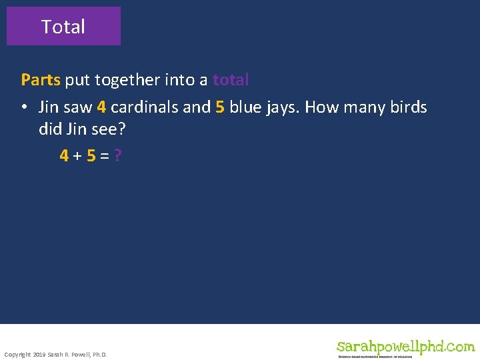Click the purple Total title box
coord(63,27)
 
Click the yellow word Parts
coord(41,80)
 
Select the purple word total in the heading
coord(231,80)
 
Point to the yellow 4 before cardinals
coord(101,107)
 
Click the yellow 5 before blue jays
coord(220,107)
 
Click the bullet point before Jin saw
coord(25,108)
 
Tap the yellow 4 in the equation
coord(64,156)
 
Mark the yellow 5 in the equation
coord(91,156)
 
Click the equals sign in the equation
coord(105,156)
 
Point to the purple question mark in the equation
coord(117,156)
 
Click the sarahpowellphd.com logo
coord(405,347)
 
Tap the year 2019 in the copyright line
coord(39,354)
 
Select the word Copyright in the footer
coord(17,354)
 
